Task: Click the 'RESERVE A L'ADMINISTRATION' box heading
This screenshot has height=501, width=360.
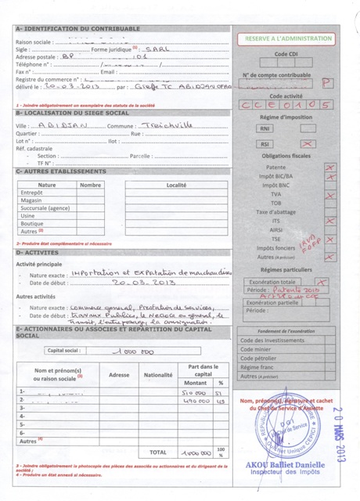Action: click(x=289, y=38)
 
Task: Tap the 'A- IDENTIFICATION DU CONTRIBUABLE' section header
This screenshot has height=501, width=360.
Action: click(x=77, y=29)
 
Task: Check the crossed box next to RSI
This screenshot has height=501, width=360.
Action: click(x=308, y=144)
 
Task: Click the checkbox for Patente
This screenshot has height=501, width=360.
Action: click(x=329, y=168)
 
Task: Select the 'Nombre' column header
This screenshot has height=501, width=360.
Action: click(x=91, y=185)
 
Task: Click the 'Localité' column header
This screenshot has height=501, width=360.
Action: click(x=176, y=185)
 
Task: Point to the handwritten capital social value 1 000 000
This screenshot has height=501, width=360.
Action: click(x=135, y=351)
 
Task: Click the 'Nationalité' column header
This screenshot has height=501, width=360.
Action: click(x=157, y=374)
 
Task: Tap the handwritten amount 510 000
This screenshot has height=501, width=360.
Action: click(x=193, y=392)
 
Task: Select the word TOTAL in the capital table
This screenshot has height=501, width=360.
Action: click(x=157, y=452)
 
